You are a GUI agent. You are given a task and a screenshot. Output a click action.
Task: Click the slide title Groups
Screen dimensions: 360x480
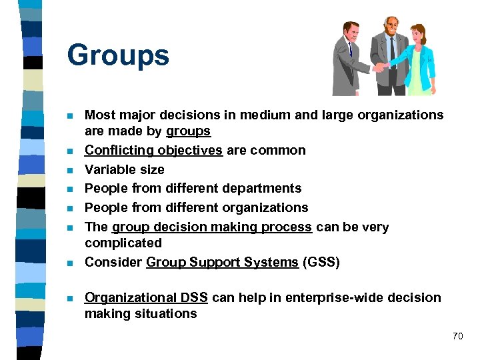pyautogui.click(x=118, y=56)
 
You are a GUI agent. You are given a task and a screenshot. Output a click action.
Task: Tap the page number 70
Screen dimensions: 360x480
pyautogui.click(x=457, y=336)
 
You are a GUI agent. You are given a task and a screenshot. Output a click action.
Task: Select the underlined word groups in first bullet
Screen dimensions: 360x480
pyautogui.click(x=189, y=131)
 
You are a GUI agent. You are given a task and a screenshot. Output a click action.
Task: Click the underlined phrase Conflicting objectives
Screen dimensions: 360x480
pyautogui.click(x=153, y=150)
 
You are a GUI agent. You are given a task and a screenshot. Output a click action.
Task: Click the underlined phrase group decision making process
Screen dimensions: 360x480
pyautogui.click(x=212, y=227)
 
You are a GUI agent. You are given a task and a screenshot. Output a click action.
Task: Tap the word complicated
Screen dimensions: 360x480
pyautogui.click(x=123, y=243)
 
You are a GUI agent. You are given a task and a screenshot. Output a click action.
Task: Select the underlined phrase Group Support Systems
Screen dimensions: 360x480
pyautogui.click(x=222, y=262)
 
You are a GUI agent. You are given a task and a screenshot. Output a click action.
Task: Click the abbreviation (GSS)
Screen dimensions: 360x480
pyautogui.click(x=321, y=262)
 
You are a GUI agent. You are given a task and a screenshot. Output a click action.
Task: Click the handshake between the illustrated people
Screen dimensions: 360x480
pyautogui.click(x=379, y=67)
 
